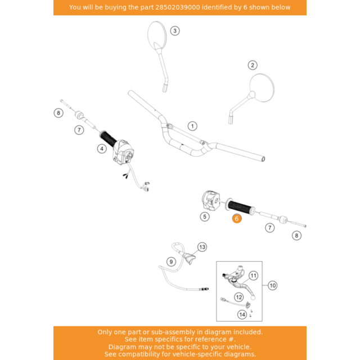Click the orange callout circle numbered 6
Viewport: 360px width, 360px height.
[x=236, y=219]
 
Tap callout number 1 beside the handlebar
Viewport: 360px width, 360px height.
[x=193, y=126]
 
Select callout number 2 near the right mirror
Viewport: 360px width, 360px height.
[x=253, y=65]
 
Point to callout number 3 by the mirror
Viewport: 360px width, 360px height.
[x=175, y=31]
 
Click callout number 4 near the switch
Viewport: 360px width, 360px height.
[x=102, y=148]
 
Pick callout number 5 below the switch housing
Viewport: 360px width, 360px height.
[x=205, y=216]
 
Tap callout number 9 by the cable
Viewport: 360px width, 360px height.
[x=171, y=262]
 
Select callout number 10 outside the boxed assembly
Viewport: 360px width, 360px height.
[x=272, y=286]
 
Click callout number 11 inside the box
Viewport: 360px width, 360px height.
[x=253, y=276]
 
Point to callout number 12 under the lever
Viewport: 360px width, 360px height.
[x=238, y=296]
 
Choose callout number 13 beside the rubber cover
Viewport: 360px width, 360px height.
[x=202, y=247]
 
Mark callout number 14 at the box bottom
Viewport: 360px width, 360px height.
[x=242, y=314]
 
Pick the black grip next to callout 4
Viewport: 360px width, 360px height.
[x=108, y=138]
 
